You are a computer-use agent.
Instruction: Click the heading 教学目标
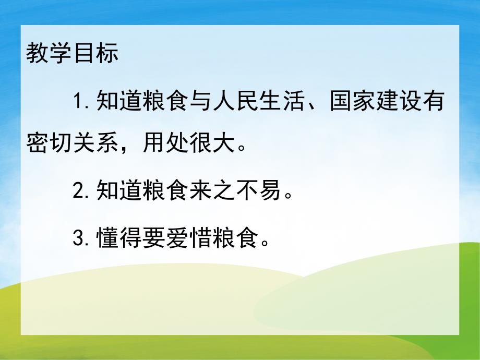[73, 54]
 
